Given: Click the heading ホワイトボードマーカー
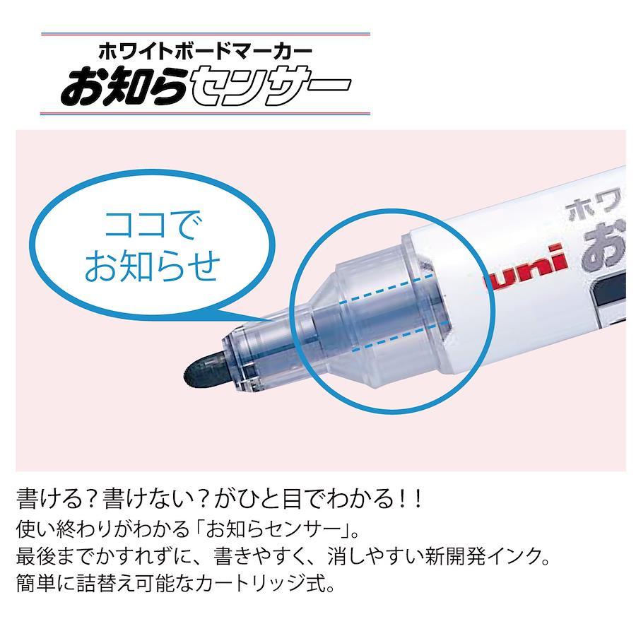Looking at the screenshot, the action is (205, 51).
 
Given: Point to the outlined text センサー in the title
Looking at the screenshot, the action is (269, 87).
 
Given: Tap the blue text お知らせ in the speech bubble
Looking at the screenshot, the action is (152, 266).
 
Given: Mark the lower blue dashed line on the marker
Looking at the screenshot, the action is (401, 336).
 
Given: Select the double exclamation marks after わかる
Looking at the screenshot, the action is (410, 499).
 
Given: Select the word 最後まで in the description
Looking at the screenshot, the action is (56, 556).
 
